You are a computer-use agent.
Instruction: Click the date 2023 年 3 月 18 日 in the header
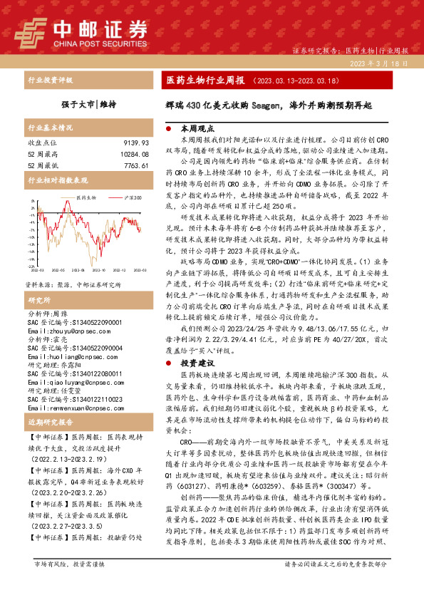coord(380,63)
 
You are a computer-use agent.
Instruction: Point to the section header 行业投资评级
coord(46,81)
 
